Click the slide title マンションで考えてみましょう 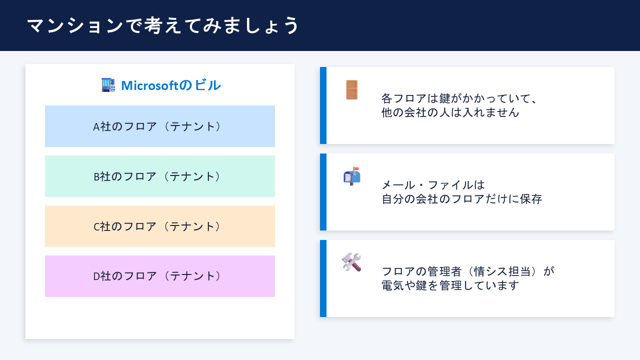click(x=163, y=25)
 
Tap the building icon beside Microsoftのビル click(x=108, y=85)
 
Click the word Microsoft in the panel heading click(x=149, y=85)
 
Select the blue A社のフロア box click(x=160, y=126)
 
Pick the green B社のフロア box click(x=160, y=176)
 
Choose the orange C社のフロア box click(x=160, y=226)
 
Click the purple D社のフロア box click(x=160, y=276)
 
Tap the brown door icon click(x=352, y=90)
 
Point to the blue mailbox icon click(x=351, y=176)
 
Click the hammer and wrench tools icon click(x=351, y=262)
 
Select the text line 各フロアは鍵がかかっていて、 click(x=459, y=98)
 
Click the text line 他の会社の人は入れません click(x=450, y=112)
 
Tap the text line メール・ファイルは click(x=433, y=184)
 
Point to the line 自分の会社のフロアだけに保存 click(x=461, y=198)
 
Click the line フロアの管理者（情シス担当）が click(x=468, y=271)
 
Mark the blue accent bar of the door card click(x=323, y=105)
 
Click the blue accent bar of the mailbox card click(x=323, y=192)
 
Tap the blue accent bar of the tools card click(x=323, y=278)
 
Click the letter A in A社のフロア click(x=96, y=127)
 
